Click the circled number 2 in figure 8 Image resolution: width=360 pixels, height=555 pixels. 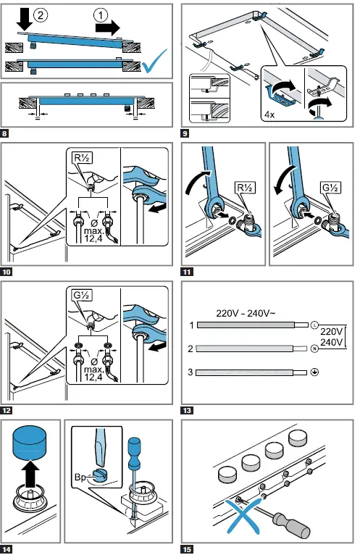pyautogui.click(x=41, y=15)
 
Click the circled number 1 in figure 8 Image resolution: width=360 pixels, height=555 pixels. pyautogui.click(x=101, y=15)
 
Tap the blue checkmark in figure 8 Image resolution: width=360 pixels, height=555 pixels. pyautogui.click(x=154, y=61)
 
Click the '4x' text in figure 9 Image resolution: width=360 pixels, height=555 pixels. pyautogui.click(x=269, y=114)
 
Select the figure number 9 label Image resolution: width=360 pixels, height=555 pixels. pyautogui.click(x=185, y=133)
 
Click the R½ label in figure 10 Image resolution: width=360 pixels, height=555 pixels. pyautogui.click(x=82, y=157)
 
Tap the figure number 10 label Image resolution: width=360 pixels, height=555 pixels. pyautogui.click(x=7, y=272)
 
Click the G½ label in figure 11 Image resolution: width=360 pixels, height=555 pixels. pyautogui.click(x=330, y=187)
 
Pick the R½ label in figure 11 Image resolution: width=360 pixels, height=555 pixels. pyautogui.click(x=246, y=187)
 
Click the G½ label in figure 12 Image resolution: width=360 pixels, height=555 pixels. pyautogui.click(x=82, y=295)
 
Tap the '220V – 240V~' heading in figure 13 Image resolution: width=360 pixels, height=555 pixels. pyautogui.click(x=246, y=313)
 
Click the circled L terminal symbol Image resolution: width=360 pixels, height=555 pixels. pyautogui.click(x=314, y=325)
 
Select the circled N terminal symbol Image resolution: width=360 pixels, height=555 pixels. pyautogui.click(x=314, y=349)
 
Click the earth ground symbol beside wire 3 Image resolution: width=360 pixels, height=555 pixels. pyautogui.click(x=314, y=372)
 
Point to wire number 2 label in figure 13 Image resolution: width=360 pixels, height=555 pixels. pyautogui.click(x=191, y=349)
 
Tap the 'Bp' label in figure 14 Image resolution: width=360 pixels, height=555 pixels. pyautogui.click(x=80, y=477)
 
